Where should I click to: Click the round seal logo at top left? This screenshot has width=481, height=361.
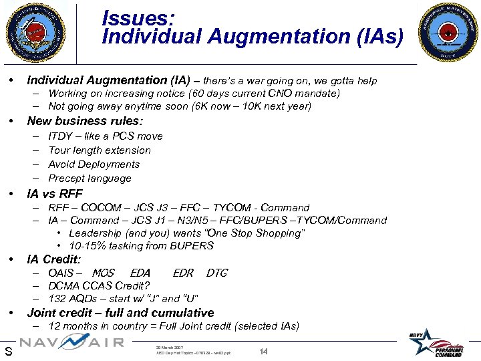(37, 32)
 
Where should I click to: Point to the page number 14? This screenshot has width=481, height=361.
(263, 351)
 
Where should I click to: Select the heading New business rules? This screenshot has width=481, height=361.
(85, 121)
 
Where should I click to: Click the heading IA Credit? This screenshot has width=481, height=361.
(53, 259)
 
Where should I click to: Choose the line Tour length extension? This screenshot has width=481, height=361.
(100, 150)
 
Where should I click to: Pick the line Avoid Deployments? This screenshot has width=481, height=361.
(94, 164)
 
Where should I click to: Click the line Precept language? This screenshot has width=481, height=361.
(90, 178)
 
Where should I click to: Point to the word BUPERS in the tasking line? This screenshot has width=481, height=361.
(194, 245)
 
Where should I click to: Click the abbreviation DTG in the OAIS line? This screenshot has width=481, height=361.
(217, 273)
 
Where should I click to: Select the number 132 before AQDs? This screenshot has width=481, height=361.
(57, 298)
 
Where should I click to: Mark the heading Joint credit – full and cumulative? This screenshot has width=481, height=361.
(120, 313)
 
